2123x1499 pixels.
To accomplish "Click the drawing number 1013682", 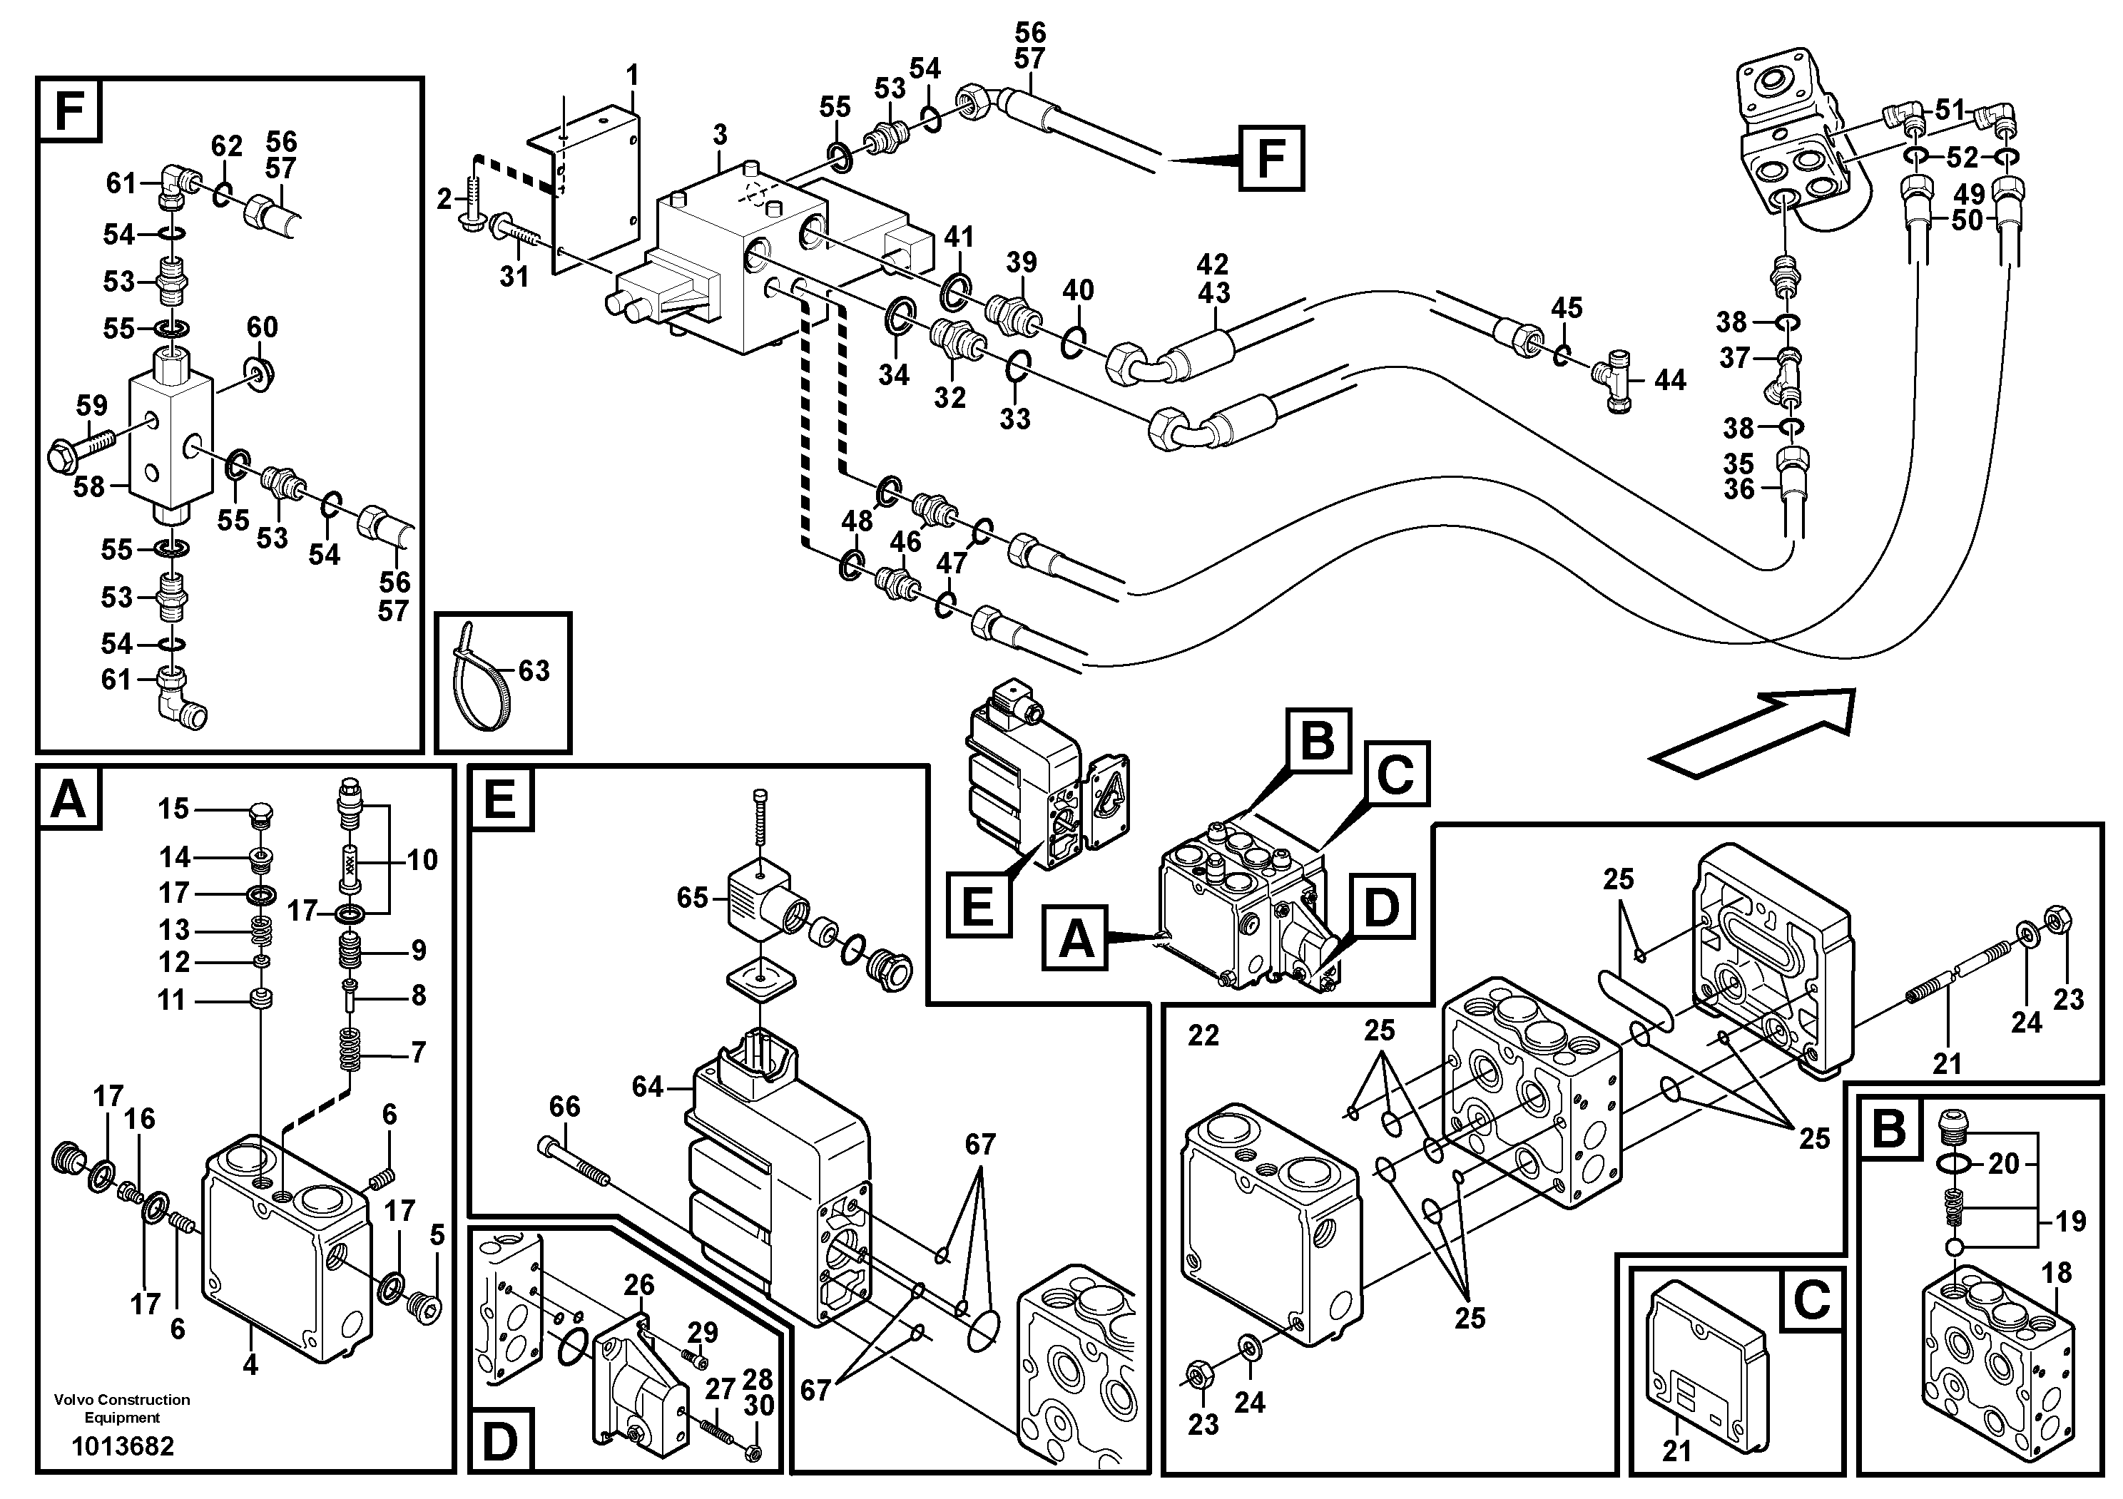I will pos(123,1446).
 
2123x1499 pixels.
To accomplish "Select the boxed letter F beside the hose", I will pos(1271,159).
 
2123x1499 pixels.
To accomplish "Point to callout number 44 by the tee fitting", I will pos(1669,380).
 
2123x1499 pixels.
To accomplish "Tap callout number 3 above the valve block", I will pos(721,135).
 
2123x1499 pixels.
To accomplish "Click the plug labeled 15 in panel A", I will pos(263,812).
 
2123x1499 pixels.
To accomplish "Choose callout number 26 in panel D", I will pos(639,1284).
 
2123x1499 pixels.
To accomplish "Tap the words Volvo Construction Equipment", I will pos(122,1408).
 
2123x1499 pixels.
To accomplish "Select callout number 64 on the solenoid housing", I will pos(647,1087).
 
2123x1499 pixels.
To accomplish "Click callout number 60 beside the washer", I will pos(262,327).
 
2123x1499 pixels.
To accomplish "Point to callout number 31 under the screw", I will pos(514,275).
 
